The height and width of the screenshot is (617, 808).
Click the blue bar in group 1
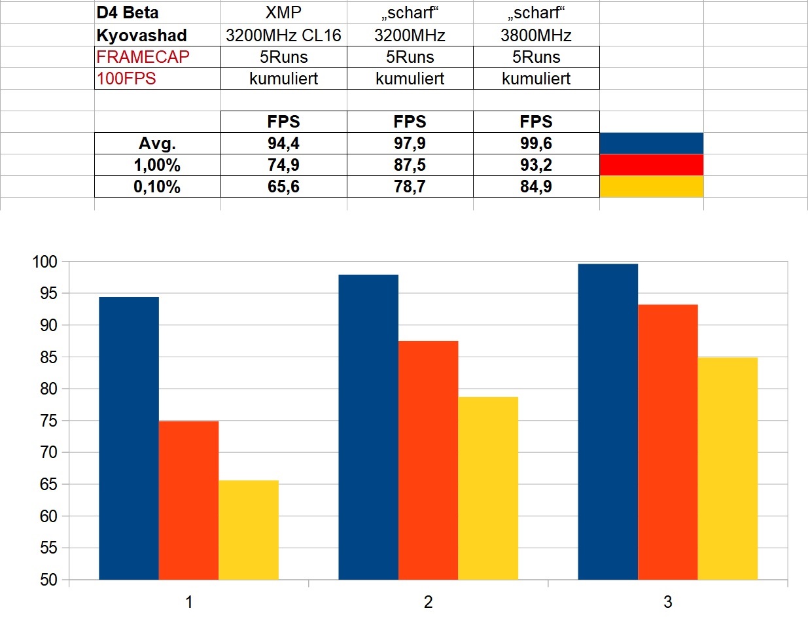pos(128,438)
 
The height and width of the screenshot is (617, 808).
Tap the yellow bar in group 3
pos(728,468)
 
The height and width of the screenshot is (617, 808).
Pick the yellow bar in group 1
pos(249,530)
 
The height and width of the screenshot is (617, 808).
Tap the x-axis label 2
pos(428,602)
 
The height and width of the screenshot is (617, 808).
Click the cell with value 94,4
pos(283,143)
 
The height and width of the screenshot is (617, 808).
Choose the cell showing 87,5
pos(410,165)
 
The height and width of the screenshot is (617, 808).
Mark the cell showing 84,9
pos(536,187)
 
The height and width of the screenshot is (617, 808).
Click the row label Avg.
pos(157,143)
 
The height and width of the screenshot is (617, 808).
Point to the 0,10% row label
pos(157,187)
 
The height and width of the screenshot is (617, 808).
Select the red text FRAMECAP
pos(143,56)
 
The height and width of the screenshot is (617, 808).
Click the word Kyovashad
pos(142,35)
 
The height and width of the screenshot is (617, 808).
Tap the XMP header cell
pos(283,12)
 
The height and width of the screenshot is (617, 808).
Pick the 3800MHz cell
pos(536,35)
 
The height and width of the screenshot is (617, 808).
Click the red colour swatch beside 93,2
pos(651,165)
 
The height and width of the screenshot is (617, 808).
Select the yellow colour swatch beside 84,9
pos(651,186)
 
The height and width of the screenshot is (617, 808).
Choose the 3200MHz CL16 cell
pos(283,35)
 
